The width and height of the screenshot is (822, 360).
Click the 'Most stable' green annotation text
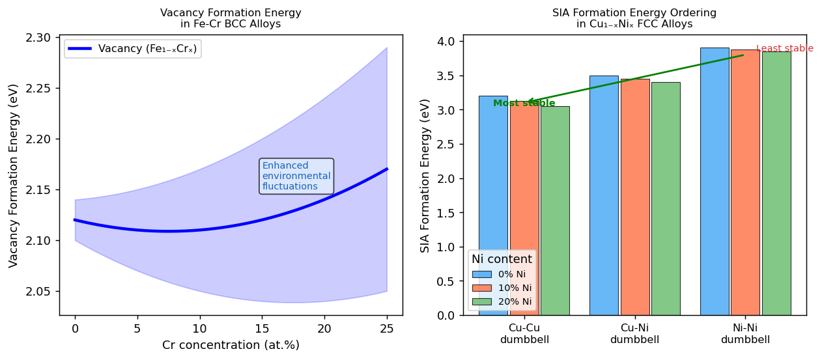(524, 104)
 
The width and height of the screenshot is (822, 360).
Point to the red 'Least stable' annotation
(784, 48)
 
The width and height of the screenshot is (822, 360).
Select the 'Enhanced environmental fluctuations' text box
(296, 176)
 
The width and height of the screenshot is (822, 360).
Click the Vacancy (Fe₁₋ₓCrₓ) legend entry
(133, 49)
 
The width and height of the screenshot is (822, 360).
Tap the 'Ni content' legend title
(502, 259)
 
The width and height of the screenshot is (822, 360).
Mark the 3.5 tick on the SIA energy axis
(448, 76)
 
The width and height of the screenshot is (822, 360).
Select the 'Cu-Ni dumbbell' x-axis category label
(634, 333)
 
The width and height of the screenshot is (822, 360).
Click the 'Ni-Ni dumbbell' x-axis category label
(745, 333)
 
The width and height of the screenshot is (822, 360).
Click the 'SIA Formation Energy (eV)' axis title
(425, 175)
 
